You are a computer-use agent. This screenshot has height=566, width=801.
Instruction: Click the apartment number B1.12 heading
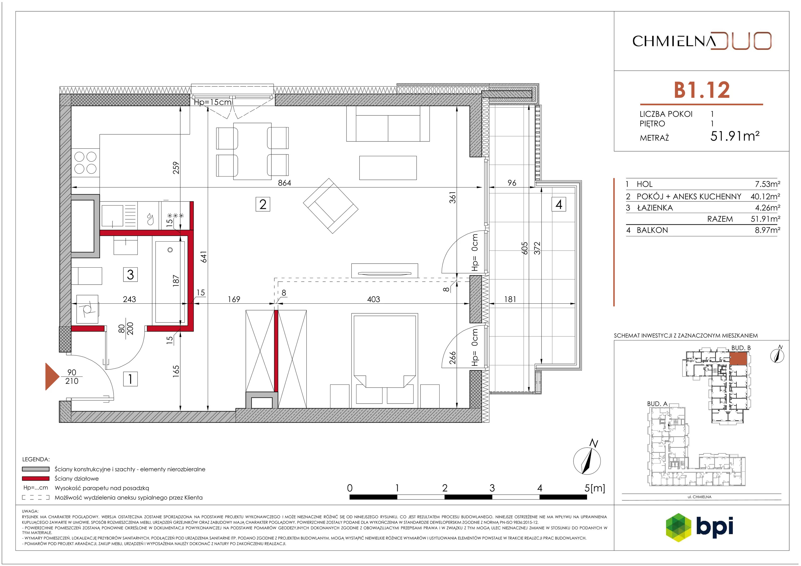[702, 90]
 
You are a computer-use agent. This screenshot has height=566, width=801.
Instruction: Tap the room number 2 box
[263, 204]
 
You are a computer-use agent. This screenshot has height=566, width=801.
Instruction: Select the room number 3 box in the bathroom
[130, 274]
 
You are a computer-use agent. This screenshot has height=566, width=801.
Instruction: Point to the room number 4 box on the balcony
[558, 205]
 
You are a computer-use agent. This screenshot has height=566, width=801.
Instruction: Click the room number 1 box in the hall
[130, 379]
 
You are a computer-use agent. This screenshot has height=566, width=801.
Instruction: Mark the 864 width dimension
[285, 183]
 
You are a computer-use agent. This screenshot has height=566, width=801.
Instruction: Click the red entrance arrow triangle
[52, 376]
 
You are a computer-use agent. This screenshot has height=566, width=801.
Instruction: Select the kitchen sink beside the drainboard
[112, 215]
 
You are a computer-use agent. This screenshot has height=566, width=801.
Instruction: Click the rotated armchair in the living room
[331, 206]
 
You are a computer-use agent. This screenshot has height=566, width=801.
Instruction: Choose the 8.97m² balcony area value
[767, 230]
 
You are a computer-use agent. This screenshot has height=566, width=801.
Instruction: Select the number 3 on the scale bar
[492, 488]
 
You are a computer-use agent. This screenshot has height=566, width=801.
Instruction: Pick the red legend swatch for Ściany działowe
[36, 478]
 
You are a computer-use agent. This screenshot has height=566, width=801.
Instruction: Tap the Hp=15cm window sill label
[213, 102]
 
